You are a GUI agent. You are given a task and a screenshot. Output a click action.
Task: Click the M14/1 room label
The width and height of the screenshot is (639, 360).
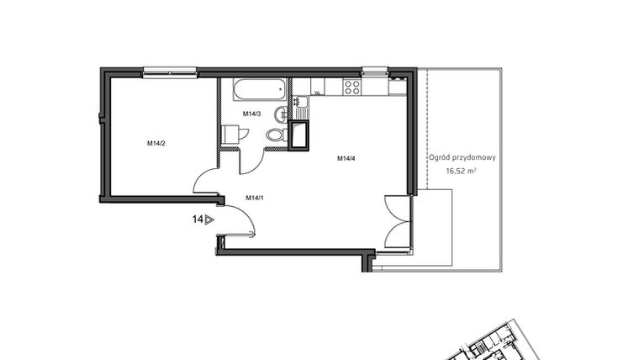tap(255, 198)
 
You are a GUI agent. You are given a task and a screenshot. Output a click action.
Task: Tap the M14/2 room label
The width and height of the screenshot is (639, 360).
tap(156, 143)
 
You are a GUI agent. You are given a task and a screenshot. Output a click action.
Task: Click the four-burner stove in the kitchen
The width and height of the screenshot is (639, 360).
tap(351, 85)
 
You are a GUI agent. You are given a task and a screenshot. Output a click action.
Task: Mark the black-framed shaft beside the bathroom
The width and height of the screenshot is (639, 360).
tap(298, 135)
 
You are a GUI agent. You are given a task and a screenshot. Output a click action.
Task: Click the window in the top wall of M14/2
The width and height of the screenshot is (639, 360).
tap(169, 73)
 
